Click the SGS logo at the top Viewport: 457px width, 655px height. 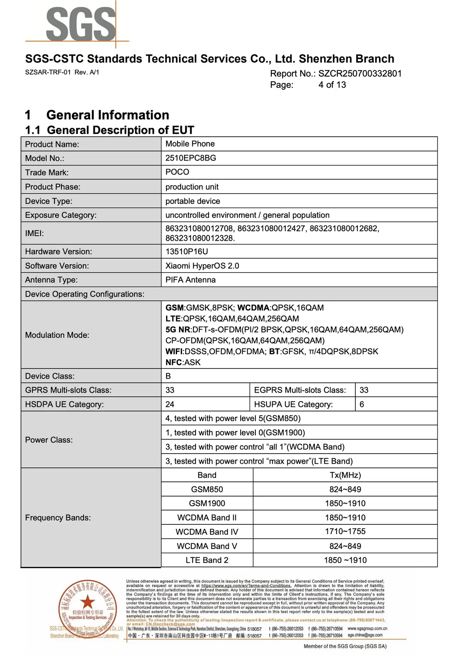81,25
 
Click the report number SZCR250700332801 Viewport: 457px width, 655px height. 360,74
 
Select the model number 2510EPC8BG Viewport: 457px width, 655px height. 191,158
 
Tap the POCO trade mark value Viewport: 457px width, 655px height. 177,172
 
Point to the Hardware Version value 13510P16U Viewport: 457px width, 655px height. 186,251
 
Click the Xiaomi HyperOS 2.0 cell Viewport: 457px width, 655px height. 202,266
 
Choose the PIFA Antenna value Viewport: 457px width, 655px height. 190,280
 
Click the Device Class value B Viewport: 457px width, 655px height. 168,376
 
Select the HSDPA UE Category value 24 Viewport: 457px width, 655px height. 170,404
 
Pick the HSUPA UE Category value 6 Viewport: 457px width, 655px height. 362,404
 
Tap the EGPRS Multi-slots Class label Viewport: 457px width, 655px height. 300,390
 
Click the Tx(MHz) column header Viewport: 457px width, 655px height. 345,475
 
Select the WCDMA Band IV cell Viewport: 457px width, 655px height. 207,532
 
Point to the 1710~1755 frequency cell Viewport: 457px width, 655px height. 345,531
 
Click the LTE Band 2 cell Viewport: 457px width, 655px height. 207,560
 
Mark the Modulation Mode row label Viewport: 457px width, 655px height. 57,335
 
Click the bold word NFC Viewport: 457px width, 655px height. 173,362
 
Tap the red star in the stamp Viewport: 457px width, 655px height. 87,602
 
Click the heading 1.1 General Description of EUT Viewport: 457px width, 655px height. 109,130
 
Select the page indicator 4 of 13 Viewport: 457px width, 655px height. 332,85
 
